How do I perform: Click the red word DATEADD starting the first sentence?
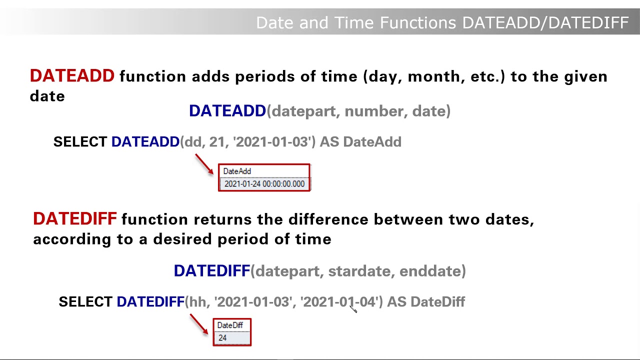point(72,76)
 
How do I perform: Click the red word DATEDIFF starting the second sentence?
point(74,219)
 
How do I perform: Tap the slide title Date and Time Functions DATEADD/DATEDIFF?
point(442,22)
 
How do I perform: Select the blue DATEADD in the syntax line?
point(227,111)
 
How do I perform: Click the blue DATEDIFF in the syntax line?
point(211,271)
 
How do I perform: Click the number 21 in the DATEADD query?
point(217,142)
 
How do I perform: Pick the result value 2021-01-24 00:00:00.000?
point(264,184)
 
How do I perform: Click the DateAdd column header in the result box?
point(237,171)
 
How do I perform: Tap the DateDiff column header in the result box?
point(230,325)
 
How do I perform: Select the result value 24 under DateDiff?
point(222,338)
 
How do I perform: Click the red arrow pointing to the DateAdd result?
point(204,164)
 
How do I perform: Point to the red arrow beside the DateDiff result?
point(198,324)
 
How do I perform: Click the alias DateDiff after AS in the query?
point(437,302)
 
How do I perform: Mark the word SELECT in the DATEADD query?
point(80,142)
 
